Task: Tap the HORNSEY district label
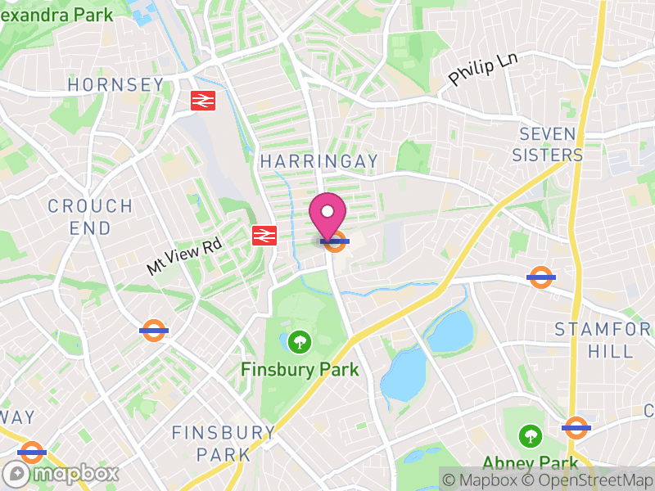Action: (115, 85)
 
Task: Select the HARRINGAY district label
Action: (319, 161)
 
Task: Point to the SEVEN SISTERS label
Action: (547, 144)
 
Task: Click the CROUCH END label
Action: (90, 217)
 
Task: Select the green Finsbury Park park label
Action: (300, 370)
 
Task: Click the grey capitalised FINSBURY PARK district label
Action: (223, 443)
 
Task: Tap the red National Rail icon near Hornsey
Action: (202, 101)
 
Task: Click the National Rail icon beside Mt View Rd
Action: (263, 236)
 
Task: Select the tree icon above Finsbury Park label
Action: (300, 340)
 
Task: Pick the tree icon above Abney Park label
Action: (531, 435)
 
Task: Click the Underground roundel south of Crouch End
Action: (153, 331)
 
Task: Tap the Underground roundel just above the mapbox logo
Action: (31, 451)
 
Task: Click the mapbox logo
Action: (61, 473)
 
